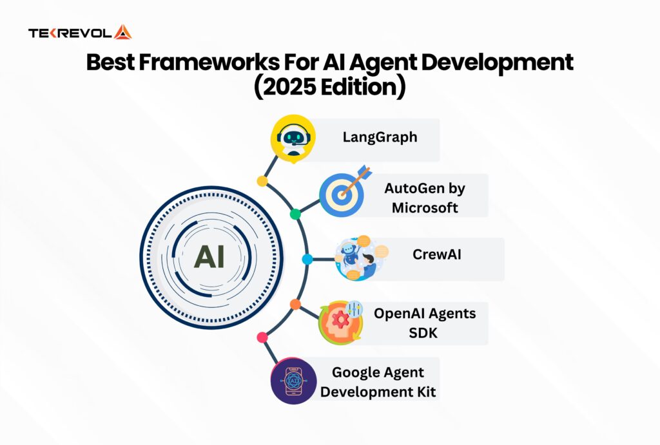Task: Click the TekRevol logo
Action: (x=80, y=32)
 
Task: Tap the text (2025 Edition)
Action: (x=329, y=87)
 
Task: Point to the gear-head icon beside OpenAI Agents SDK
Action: (x=341, y=321)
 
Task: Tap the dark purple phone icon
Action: (x=293, y=381)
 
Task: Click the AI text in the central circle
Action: (x=209, y=257)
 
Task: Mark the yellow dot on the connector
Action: (x=262, y=181)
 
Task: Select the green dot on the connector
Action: (x=295, y=214)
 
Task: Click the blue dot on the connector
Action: (x=307, y=259)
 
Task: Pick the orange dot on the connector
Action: (x=295, y=304)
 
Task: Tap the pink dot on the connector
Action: (x=262, y=337)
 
